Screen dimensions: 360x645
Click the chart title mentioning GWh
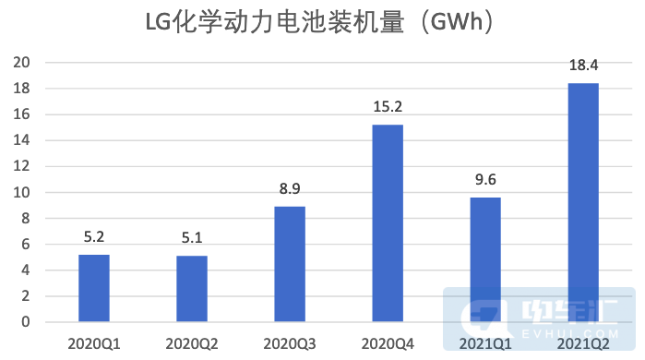tap(322, 23)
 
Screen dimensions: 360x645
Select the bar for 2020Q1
tap(94, 288)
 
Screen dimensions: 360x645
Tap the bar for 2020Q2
tap(192, 289)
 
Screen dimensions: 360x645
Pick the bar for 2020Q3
tap(290, 264)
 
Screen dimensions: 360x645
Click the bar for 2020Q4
tap(388, 223)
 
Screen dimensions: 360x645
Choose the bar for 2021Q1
tap(485, 259)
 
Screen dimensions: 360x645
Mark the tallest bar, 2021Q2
tap(583, 203)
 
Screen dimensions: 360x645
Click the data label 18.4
tap(583, 66)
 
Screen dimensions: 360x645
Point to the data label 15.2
tap(388, 108)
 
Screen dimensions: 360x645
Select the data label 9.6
tap(485, 181)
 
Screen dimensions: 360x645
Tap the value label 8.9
tap(290, 190)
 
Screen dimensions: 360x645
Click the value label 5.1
tap(192, 239)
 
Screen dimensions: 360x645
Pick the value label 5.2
tap(94, 238)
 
